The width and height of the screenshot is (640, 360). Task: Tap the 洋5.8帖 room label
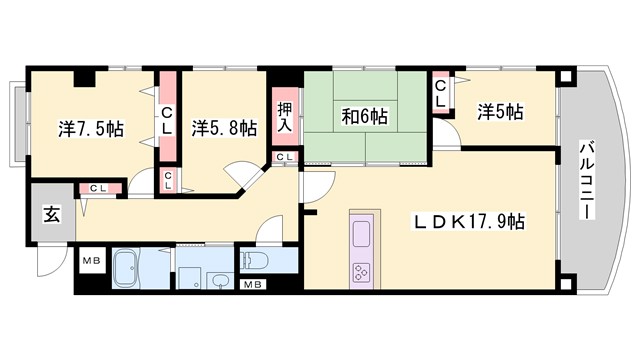click(223, 129)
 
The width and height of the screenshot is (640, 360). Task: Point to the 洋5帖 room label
click(499, 111)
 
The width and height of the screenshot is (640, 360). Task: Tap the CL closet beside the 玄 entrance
click(99, 187)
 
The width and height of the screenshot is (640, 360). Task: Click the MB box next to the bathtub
click(91, 263)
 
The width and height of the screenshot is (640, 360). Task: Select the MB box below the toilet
click(253, 284)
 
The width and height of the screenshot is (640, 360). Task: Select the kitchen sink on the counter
click(360, 236)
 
